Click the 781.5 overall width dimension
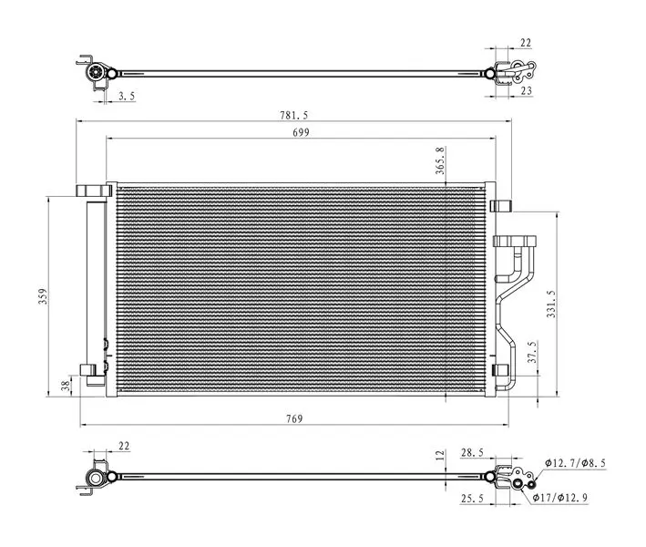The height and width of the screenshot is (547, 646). (293, 116)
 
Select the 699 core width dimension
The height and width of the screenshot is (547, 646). (301, 133)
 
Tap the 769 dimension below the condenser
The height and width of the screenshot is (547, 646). (294, 418)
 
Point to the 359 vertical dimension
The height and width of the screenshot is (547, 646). (43, 296)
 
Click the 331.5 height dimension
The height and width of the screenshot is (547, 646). (551, 304)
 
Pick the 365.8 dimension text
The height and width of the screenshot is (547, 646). (440, 160)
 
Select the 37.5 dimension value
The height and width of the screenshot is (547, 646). (533, 352)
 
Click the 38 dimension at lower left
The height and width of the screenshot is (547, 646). (66, 386)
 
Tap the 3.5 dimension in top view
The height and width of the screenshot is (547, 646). (127, 96)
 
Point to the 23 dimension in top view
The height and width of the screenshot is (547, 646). (526, 90)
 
